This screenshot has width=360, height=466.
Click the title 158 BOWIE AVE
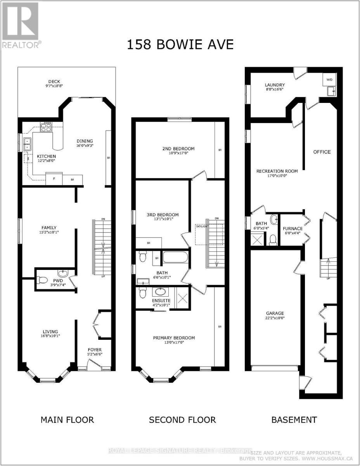coord(180,45)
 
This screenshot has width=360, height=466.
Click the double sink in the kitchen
coord(26,144)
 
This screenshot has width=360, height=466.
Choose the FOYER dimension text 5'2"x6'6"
coord(95,354)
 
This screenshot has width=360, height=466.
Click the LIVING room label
coord(51,331)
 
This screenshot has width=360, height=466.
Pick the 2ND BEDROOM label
coord(178,149)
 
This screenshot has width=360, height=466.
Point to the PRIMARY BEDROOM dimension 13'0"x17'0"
coord(174,343)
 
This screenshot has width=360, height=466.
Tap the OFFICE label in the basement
coord(322,152)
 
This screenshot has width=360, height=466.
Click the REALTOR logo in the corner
coord(21,25)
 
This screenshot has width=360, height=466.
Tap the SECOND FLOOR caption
coord(182,420)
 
